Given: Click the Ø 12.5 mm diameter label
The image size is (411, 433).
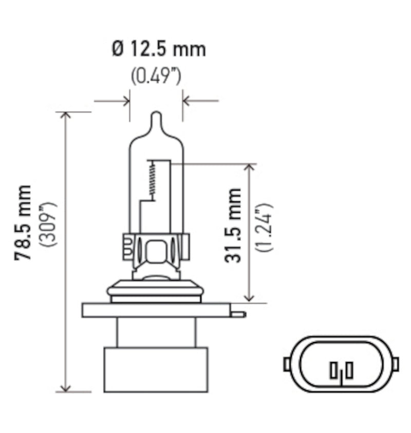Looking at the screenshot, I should (x=158, y=49).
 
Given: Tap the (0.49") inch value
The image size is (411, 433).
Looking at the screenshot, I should (x=156, y=77).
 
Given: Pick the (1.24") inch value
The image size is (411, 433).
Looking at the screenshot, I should (x=265, y=227).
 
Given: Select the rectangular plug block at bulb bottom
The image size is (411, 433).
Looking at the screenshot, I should (x=156, y=369).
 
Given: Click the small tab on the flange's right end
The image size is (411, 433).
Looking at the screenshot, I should (x=238, y=313).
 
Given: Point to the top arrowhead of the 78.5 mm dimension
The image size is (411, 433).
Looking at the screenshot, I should (x=65, y=116).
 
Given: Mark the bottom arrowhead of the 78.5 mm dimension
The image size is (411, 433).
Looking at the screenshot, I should (x=65, y=387).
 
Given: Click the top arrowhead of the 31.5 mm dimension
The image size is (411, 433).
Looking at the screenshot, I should (x=250, y=168).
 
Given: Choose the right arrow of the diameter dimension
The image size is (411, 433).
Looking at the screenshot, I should (x=188, y=100).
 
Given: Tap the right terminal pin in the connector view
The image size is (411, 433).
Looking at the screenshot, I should (x=349, y=370).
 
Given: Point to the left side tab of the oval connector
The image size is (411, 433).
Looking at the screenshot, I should (x=287, y=364).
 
